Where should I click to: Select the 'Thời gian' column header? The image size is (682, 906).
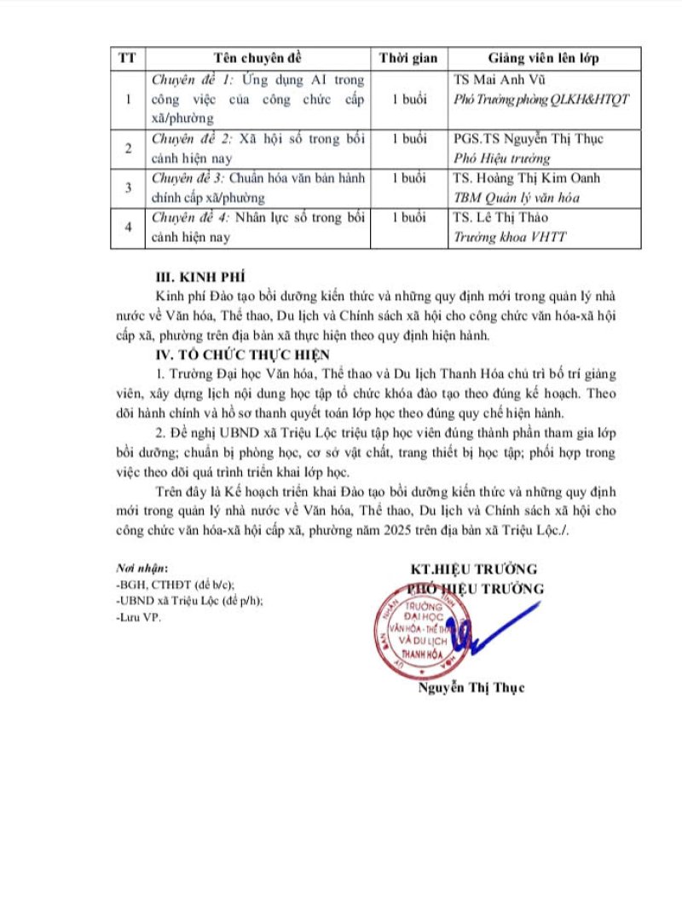point(408,58)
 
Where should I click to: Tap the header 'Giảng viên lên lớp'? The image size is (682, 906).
point(542,58)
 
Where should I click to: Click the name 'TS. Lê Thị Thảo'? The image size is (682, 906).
point(501,218)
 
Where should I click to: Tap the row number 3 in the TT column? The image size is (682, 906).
point(128,188)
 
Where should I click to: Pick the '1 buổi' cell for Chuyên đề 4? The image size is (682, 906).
point(408,218)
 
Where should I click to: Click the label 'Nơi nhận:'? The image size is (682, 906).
point(141,568)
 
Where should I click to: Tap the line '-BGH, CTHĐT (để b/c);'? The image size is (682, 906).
point(174,584)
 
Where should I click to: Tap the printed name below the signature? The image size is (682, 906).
point(471,688)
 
